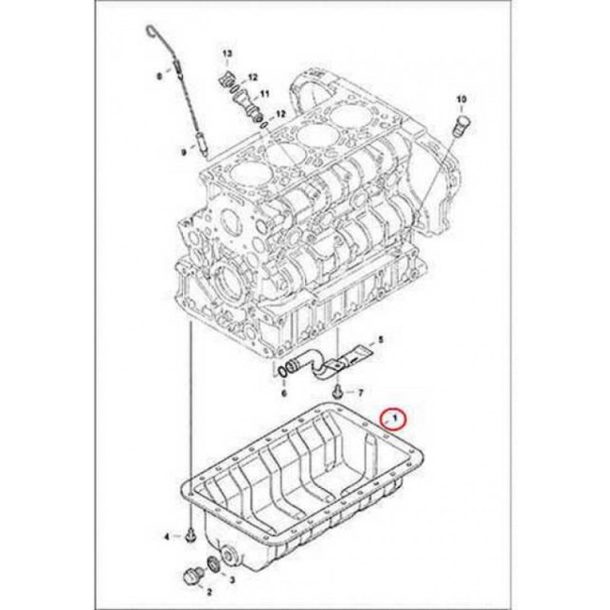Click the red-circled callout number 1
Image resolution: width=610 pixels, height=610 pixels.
(x=395, y=419)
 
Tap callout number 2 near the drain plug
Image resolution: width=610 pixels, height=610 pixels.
(x=209, y=592)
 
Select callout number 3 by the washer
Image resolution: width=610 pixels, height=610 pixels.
(x=232, y=580)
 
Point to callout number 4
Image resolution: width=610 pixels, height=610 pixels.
(x=167, y=537)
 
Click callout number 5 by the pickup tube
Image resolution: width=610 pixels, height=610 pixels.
(x=381, y=339)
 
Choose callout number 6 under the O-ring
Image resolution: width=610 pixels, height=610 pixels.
(x=284, y=393)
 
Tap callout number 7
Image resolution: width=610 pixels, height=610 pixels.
(x=360, y=393)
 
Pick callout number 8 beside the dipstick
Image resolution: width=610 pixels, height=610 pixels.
(x=159, y=77)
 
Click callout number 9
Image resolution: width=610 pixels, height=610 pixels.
(x=184, y=153)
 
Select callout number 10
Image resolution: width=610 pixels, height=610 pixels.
(x=461, y=99)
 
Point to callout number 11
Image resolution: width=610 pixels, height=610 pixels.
(x=265, y=93)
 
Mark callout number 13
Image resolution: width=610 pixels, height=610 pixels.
(x=227, y=53)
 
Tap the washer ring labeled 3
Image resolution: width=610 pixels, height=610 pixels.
(x=214, y=564)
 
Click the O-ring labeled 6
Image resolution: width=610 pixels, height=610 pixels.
(x=283, y=372)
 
